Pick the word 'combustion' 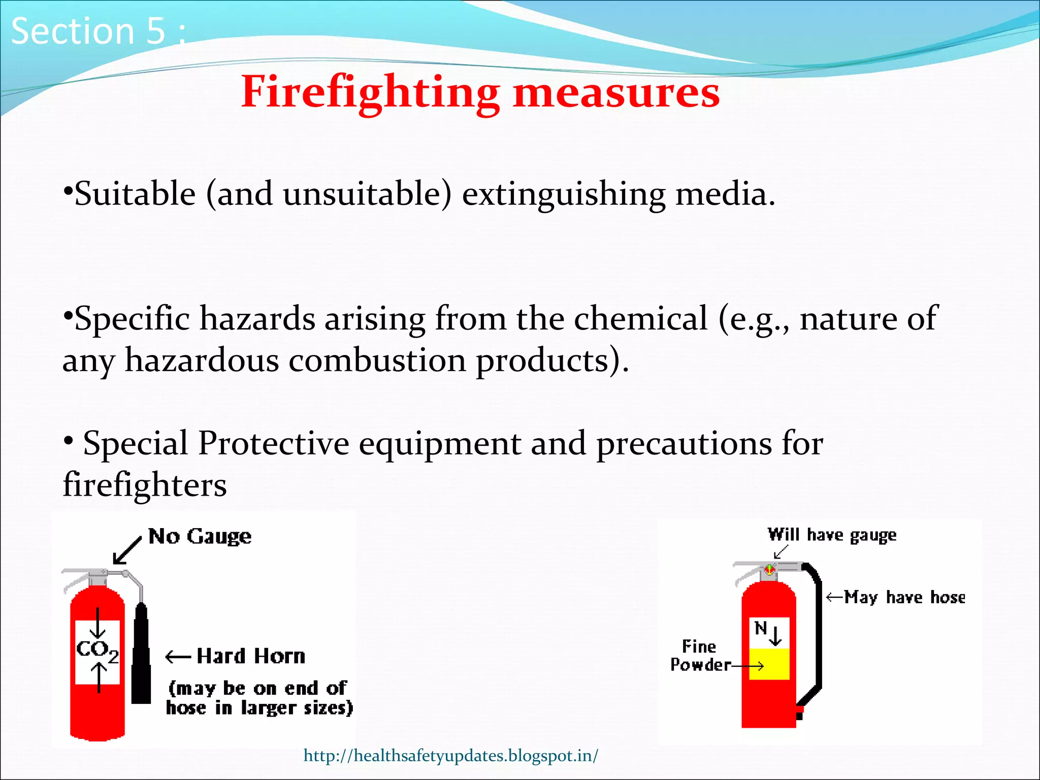point(377,361)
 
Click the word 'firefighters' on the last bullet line point(145,485)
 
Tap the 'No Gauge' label point(200,536)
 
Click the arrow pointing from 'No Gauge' point(126,551)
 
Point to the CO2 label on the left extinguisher point(97,650)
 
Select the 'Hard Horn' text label point(251,656)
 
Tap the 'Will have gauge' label point(832,535)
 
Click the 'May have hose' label point(904,597)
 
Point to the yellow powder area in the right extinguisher point(769,664)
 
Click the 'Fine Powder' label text point(700,656)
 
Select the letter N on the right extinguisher point(760,629)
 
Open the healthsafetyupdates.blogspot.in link point(451,756)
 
